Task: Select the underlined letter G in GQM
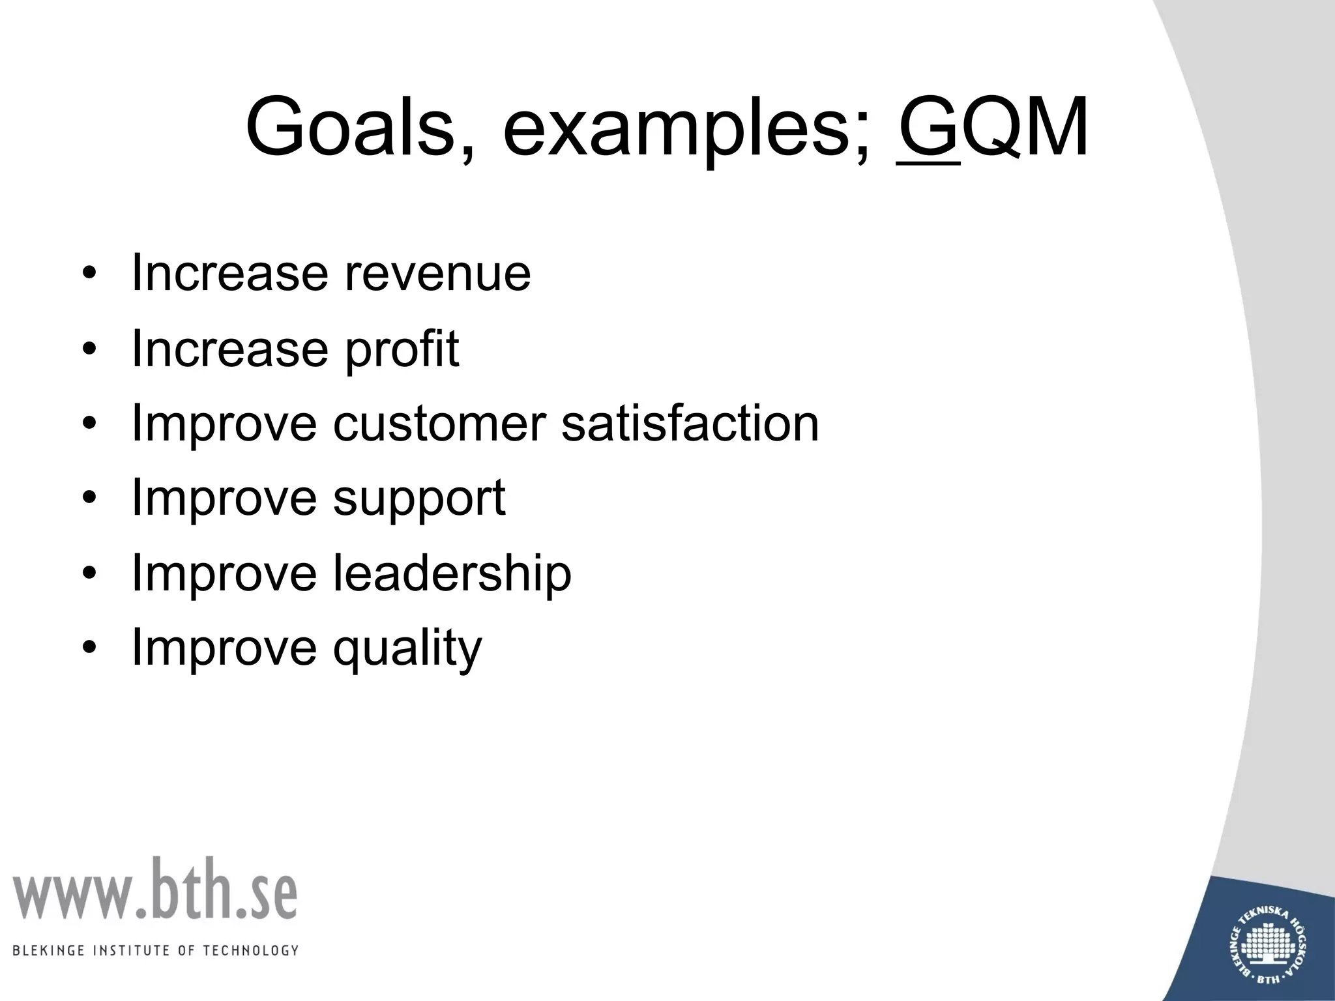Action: click(x=928, y=127)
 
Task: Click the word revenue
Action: click(x=437, y=274)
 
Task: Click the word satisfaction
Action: click(x=690, y=424)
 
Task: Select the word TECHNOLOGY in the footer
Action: click(x=251, y=950)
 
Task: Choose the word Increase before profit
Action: click(x=229, y=349)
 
